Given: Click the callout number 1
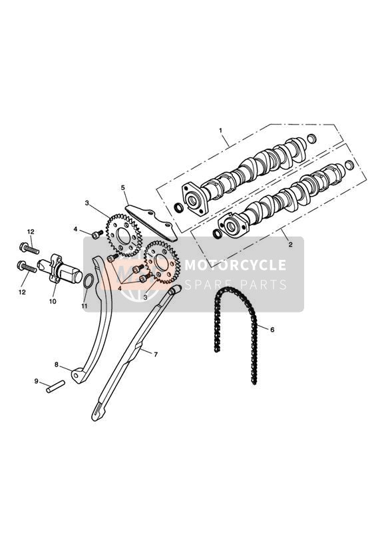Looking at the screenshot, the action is (x=220, y=130).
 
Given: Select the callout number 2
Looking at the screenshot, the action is (x=290, y=245).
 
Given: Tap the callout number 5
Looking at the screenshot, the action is (x=123, y=187).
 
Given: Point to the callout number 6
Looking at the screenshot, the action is (x=272, y=330).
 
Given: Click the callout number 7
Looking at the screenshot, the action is (x=156, y=354).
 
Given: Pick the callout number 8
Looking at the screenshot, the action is (x=57, y=364).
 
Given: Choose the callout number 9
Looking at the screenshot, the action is (x=36, y=381).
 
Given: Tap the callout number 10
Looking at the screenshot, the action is (x=53, y=301).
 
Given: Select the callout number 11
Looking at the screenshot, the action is (x=84, y=306).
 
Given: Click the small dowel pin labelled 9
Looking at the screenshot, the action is (x=56, y=386).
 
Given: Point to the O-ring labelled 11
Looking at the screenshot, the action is (x=89, y=282).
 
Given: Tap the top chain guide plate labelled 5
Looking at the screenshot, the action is (x=152, y=223).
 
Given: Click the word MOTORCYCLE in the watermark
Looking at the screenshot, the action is (x=235, y=265).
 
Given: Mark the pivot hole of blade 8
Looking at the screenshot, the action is (x=75, y=375).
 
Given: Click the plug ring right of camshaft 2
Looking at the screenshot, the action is (x=349, y=165).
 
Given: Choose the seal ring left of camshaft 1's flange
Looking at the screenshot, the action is (x=178, y=208).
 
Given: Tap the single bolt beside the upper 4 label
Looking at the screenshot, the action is (x=97, y=235).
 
